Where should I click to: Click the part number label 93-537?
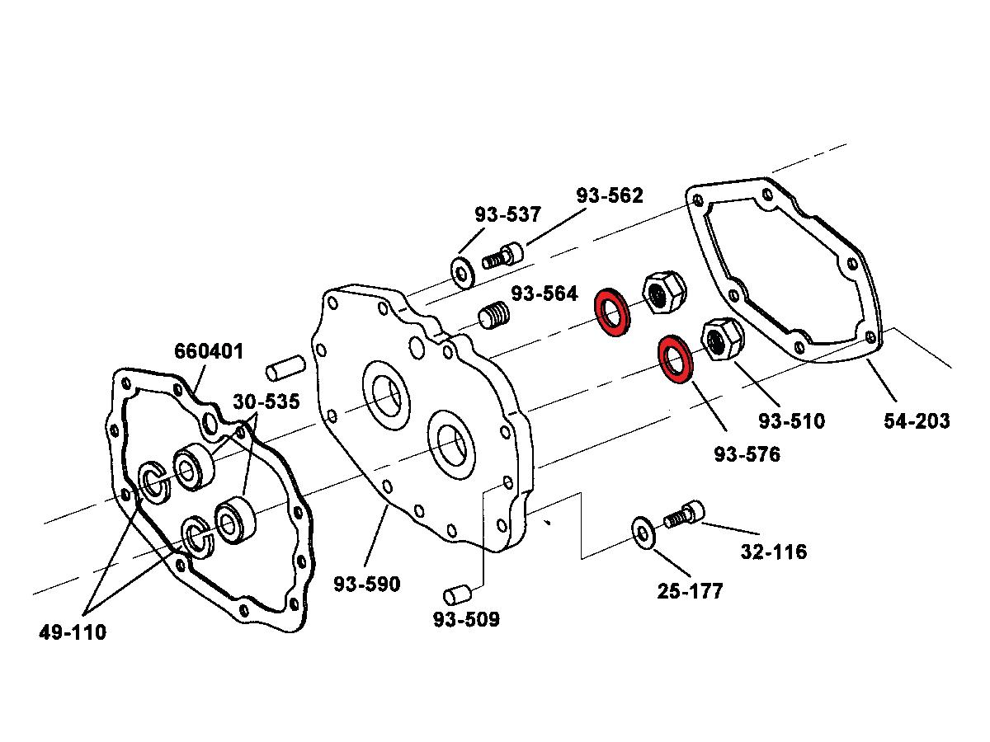507,214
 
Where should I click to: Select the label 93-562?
610,195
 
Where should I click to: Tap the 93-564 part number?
544,294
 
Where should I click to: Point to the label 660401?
209,351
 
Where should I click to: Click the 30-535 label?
266,402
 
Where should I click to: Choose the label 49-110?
73,632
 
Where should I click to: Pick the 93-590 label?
367,584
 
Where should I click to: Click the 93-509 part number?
466,618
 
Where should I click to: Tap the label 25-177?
690,591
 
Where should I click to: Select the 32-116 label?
774,552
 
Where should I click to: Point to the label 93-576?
747,453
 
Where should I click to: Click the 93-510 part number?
791,420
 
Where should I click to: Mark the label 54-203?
917,420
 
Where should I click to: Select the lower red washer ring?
676,359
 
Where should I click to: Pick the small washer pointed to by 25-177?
642,531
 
